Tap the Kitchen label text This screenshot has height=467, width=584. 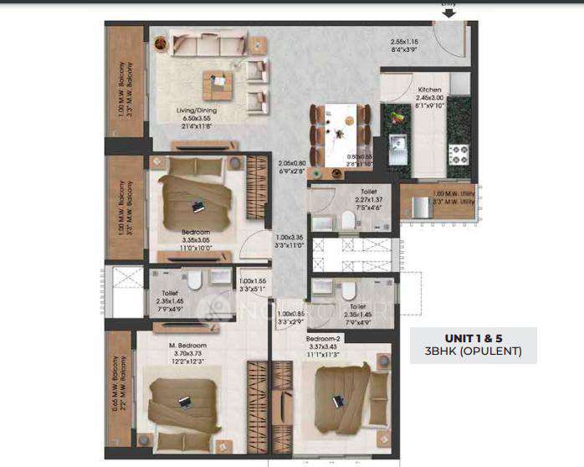(x=430, y=89)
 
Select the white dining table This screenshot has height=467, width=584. (x=341, y=134)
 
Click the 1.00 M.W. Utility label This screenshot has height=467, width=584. (x=453, y=198)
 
